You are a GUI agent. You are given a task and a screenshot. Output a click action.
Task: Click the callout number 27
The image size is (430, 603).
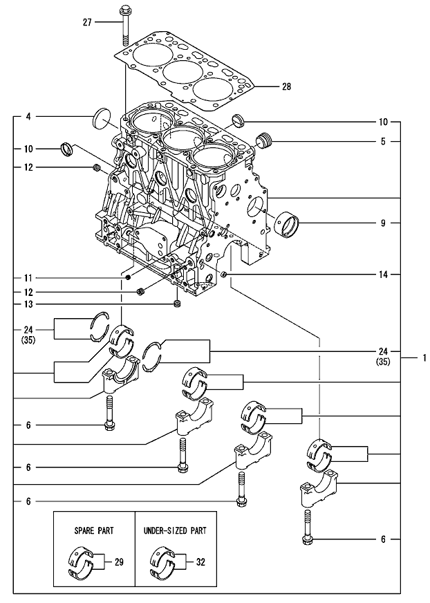(x=87, y=23)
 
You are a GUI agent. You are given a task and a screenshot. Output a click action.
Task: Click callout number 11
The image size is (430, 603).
(x=28, y=277)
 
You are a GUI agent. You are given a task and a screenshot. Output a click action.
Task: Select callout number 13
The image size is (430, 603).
(x=28, y=304)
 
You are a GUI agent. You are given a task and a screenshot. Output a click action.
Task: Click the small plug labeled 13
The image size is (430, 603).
(x=178, y=303)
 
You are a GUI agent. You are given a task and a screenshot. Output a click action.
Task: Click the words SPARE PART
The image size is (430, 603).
(x=94, y=530)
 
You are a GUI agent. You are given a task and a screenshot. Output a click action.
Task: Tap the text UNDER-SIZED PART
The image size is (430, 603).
(x=175, y=530)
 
